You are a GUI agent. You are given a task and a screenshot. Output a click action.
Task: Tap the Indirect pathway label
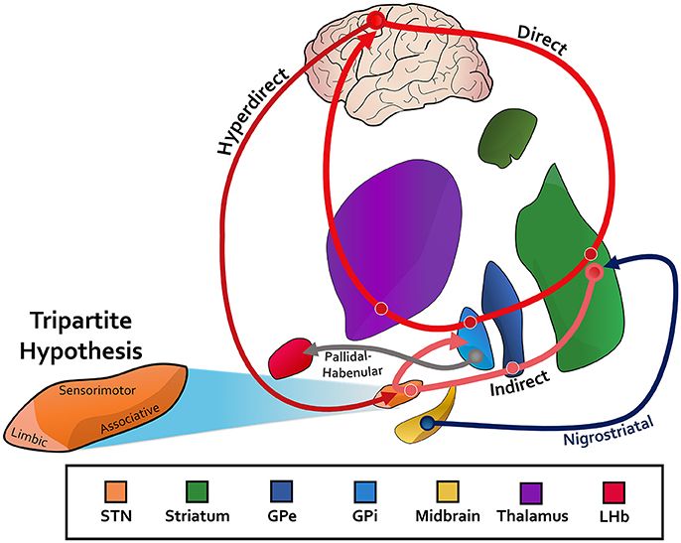[x=520, y=386]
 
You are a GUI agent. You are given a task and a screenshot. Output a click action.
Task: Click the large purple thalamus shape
[x=397, y=248]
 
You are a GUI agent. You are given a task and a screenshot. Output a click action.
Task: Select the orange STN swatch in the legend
[x=118, y=491]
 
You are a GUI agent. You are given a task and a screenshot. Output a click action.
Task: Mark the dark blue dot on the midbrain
[x=427, y=423]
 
